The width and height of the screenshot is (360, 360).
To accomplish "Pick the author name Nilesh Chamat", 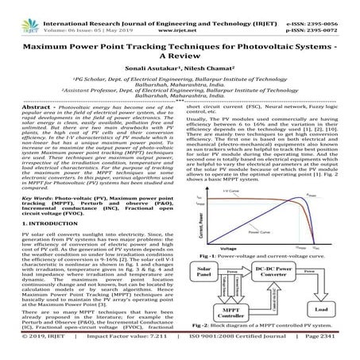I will coord(207,69).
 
